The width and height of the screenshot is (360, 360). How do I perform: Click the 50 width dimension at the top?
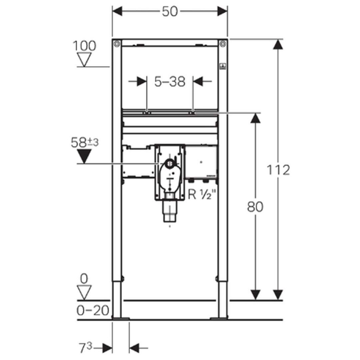pos(170,12)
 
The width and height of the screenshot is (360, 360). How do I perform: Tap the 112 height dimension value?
pos(278,170)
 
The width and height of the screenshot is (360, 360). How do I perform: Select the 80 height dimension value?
pos(255,207)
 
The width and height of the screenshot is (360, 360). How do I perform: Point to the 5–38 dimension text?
pos(170,82)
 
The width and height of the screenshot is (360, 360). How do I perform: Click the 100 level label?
pos(84,46)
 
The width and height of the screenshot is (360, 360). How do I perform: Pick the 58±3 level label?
pos(85,142)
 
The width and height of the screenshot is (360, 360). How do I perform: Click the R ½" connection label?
pos(202,195)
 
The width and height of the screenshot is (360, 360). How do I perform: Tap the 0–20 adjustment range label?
pos(93,311)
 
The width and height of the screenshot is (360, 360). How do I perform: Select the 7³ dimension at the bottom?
pos(85,347)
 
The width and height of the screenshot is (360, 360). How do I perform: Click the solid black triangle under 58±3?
pos(84,156)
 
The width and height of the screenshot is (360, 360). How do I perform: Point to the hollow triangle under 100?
pos(84,59)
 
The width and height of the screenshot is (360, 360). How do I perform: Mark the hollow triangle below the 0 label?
pos(84,292)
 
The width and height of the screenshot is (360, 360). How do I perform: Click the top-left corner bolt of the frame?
pos(117,43)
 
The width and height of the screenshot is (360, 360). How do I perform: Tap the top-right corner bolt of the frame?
pos(223,43)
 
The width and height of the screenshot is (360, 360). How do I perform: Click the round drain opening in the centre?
pos(170,163)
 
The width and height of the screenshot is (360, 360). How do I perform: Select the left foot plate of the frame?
pos(121,318)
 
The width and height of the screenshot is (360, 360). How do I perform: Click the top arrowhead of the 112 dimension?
pos(278,45)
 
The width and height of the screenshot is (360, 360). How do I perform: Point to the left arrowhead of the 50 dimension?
pos(117,11)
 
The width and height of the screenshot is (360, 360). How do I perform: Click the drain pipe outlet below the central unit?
pos(170,211)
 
